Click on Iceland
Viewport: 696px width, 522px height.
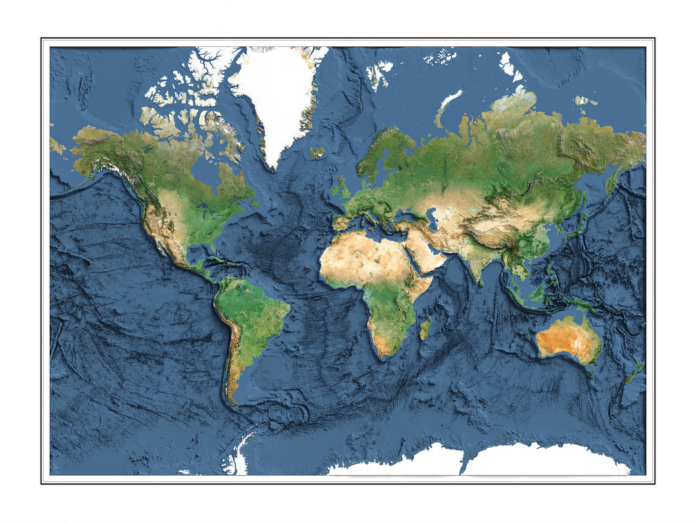(318, 153)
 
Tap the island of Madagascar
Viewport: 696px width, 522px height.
(425, 328)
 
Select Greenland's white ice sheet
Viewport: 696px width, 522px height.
(280, 97)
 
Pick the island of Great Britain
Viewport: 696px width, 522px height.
(342, 188)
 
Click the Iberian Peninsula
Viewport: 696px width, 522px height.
(342, 223)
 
